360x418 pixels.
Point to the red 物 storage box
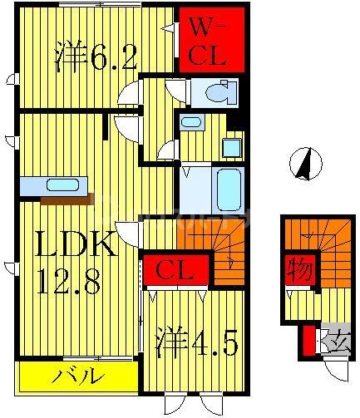(298, 270)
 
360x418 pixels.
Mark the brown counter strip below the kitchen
(66, 199)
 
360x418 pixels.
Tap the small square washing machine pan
(231, 148)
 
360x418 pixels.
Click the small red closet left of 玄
(308, 340)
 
